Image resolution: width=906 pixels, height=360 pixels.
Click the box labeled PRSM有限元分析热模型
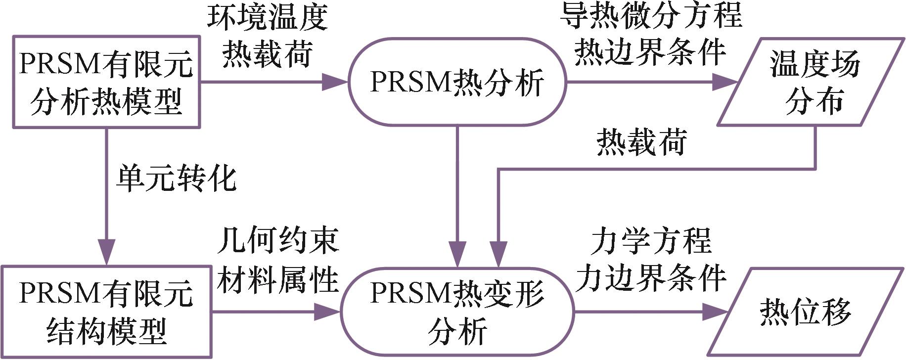tap(106, 82)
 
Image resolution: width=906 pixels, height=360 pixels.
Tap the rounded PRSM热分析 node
tap(457, 82)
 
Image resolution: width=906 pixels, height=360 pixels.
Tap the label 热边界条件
tap(650, 52)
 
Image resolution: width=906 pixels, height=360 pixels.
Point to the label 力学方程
tap(651, 241)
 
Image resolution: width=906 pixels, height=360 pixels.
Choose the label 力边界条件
tap(651, 278)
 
